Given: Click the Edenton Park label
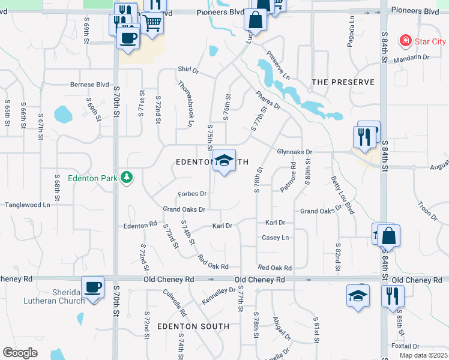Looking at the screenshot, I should pyautogui.click(x=92, y=178).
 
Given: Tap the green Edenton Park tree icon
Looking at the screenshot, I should pyautogui.click(x=126, y=177).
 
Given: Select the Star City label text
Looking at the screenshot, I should pyautogui.click(x=432, y=41).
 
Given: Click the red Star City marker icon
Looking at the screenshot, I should pyautogui.click(x=406, y=41).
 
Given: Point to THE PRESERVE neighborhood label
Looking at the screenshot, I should pyautogui.click(x=343, y=82).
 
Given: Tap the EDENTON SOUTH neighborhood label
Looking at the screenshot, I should pyautogui.click(x=193, y=326).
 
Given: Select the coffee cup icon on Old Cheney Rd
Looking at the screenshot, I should pyautogui.click(x=92, y=288).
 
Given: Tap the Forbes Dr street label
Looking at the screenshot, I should pyautogui.click(x=192, y=194).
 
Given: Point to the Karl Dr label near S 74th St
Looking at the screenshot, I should pyautogui.click(x=222, y=226).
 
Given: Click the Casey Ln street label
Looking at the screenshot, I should pyautogui.click(x=275, y=238).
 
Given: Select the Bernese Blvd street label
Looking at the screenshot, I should pyautogui.click(x=89, y=85).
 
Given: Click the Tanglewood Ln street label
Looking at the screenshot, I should pyautogui.click(x=28, y=205).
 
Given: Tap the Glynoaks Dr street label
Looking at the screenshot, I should pyautogui.click(x=295, y=152).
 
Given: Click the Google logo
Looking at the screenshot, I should pyautogui.click(x=20, y=353).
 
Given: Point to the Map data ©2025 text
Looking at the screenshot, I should pyautogui.click(x=423, y=355).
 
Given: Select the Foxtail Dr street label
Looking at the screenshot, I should pyautogui.click(x=403, y=346).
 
